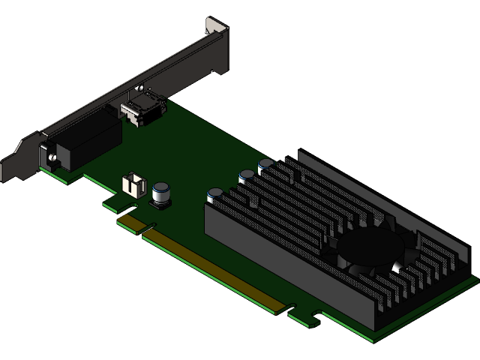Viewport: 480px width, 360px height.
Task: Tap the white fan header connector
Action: [x=133, y=184]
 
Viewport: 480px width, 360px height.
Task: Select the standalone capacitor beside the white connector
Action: [x=161, y=193]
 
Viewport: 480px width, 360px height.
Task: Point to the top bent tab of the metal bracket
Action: [x=217, y=27]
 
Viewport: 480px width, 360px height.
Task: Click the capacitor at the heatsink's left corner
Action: [x=215, y=194]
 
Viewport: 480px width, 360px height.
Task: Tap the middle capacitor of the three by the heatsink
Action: [x=247, y=177]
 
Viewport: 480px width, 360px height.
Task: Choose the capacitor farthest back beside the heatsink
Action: [x=266, y=164]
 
